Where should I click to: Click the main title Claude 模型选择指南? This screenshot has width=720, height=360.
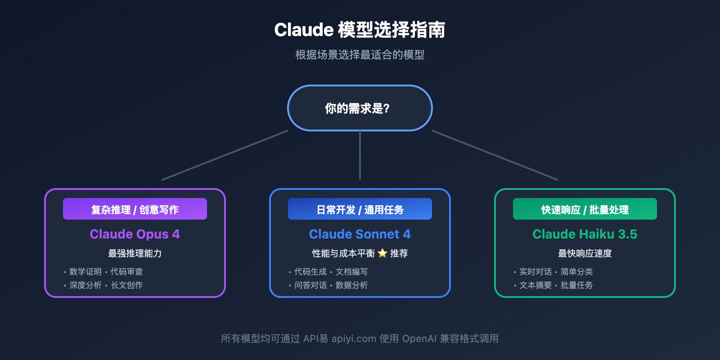tap(360, 30)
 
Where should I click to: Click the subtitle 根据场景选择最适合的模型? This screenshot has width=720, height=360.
tap(360, 55)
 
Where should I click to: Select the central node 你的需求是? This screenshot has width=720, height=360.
tap(360, 108)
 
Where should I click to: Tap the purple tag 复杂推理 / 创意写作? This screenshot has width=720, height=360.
tap(135, 209)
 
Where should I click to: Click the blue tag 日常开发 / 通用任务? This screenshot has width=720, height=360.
tap(360, 209)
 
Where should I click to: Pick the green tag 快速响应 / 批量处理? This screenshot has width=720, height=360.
tap(585, 209)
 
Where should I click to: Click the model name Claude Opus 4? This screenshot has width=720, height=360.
tap(135, 234)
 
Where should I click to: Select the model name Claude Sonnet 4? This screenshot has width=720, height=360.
tap(360, 234)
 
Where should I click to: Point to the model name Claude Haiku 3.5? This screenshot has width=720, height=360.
tap(585, 234)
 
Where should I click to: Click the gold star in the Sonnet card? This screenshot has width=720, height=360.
tap(382, 253)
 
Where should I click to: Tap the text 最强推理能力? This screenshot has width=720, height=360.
tap(135, 253)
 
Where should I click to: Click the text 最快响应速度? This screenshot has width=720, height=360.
tap(585, 253)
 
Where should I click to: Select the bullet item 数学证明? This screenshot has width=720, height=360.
tap(85, 272)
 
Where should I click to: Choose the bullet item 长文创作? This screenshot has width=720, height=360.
tap(127, 285)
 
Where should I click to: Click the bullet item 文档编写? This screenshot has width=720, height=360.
tap(352, 272)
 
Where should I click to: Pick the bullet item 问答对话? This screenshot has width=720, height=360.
tap(310, 285)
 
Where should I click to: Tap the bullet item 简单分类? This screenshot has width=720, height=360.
tap(577, 272)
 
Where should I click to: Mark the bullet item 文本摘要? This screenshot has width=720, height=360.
tap(535, 285)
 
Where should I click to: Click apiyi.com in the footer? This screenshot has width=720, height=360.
tap(354, 339)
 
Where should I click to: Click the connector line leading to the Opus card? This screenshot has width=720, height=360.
tap(225, 155)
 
